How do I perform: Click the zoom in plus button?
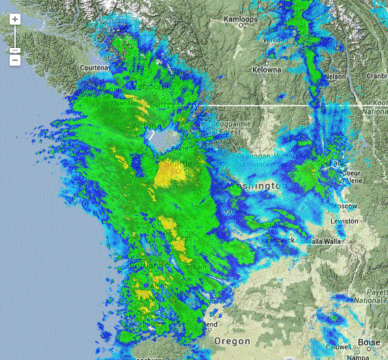click(15, 18)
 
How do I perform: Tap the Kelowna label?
click(267, 69)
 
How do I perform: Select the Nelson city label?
click(336, 77)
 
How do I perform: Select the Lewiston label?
click(344, 221)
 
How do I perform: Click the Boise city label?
click(367, 342)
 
